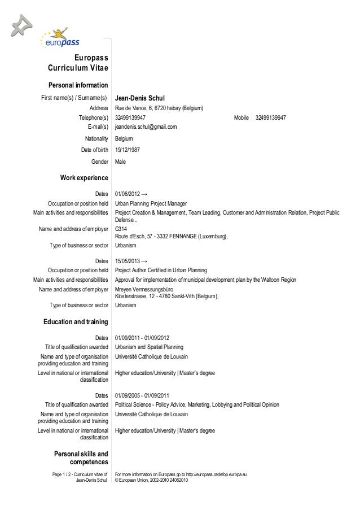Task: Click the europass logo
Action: [x=59, y=39]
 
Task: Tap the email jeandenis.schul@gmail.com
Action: [x=146, y=127]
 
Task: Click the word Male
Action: [x=120, y=162]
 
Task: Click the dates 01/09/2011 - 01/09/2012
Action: [x=146, y=338]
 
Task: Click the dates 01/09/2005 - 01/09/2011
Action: [x=146, y=395]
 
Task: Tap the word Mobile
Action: [x=241, y=117]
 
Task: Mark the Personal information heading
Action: [x=78, y=85]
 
